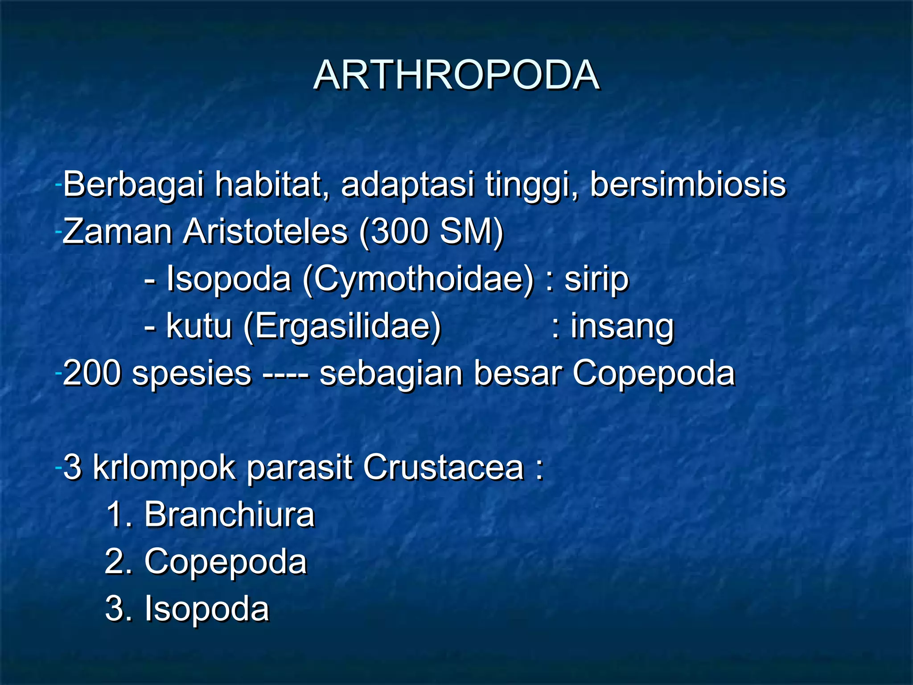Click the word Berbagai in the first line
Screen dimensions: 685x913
click(133, 184)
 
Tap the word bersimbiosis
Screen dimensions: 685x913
click(688, 184)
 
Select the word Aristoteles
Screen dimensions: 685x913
click(265, 231)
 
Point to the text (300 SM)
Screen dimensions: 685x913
click(431, 231)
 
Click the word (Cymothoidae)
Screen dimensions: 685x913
click(418, 279)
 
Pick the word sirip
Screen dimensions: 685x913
click(596, 279)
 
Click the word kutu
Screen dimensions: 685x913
click(199, 326)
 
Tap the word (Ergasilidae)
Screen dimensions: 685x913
click(342, 326)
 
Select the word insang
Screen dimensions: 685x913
click(622, 326)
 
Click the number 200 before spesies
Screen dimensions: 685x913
click(91, 373)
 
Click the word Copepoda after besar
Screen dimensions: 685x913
click(653, 373)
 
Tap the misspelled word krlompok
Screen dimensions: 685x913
click(164, 468)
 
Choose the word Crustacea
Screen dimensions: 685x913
click(443, 468)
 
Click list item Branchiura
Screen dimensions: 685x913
click(229, 515)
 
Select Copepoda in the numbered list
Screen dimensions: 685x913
click(226, 562)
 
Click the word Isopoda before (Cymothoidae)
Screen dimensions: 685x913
click(229, 279)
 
